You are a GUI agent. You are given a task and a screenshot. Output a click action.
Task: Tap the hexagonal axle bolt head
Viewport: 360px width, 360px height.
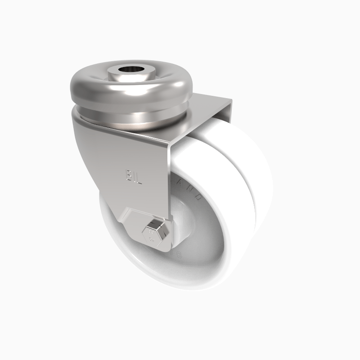point(154,233)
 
